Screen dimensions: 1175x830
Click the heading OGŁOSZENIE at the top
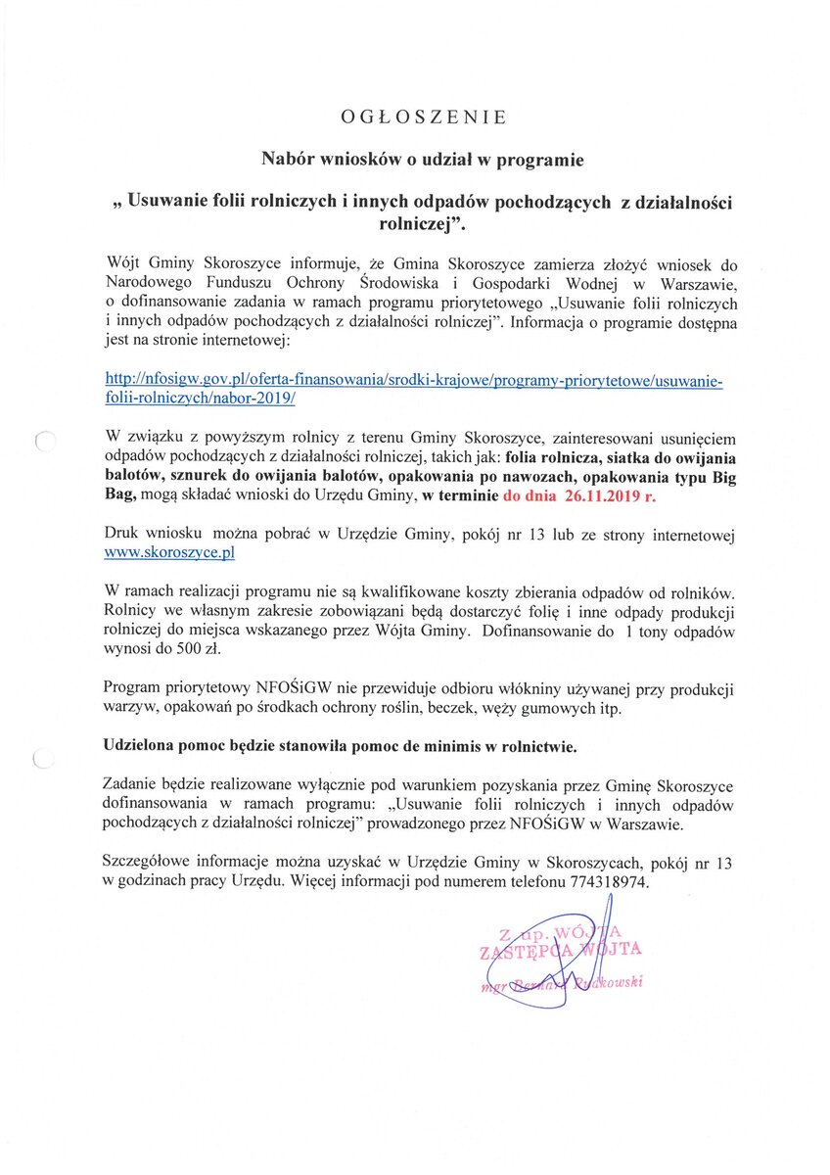tap(424, 117)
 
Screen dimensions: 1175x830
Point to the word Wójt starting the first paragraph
tap(122, 264)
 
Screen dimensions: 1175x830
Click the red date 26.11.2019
tap(598, 496)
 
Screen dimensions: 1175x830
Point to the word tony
tap(657, 632)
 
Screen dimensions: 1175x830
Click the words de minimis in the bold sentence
tap(422, 746)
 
